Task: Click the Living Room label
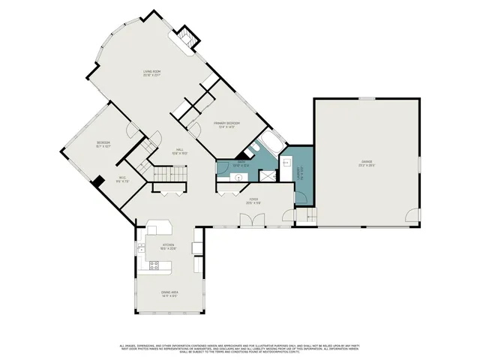[x=153, y=73]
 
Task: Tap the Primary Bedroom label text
[x=224, y=123]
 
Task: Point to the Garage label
[x=367, y=162]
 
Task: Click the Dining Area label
[x=169, y=292]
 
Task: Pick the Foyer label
[x=253, y=200]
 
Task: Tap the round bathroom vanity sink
[x=238, y=178]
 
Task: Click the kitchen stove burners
[x=154, y=265]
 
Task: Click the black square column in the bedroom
[x=97, y=180]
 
